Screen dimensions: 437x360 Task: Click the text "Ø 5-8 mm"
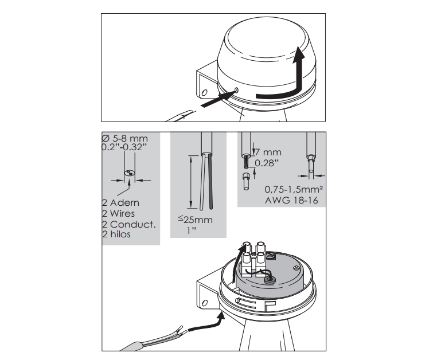coord(124,139)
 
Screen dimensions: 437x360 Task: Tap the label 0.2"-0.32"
coord(124,147)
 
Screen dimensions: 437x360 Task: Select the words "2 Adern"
coord(120,202)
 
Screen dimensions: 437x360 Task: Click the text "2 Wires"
coord(118,213)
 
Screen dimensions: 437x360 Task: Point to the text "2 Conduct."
coord(129,224)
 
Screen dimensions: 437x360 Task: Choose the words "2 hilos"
coord(116,234)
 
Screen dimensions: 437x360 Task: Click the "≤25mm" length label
coord(196,220)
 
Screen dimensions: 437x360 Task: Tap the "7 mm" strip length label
coord(268,152)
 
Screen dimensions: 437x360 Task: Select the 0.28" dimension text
coord(267,163)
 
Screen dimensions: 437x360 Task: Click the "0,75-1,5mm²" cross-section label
coord(294,190)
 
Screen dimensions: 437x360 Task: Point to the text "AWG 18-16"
coord(291,200)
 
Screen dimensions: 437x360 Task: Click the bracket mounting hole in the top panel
coord(204,92)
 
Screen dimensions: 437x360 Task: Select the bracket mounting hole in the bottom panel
coord(205,303)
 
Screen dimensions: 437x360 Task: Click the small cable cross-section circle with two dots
coord(129,173)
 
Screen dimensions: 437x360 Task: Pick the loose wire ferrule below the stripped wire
coord(246,181)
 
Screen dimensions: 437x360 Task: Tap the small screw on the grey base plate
coord(296,268)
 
